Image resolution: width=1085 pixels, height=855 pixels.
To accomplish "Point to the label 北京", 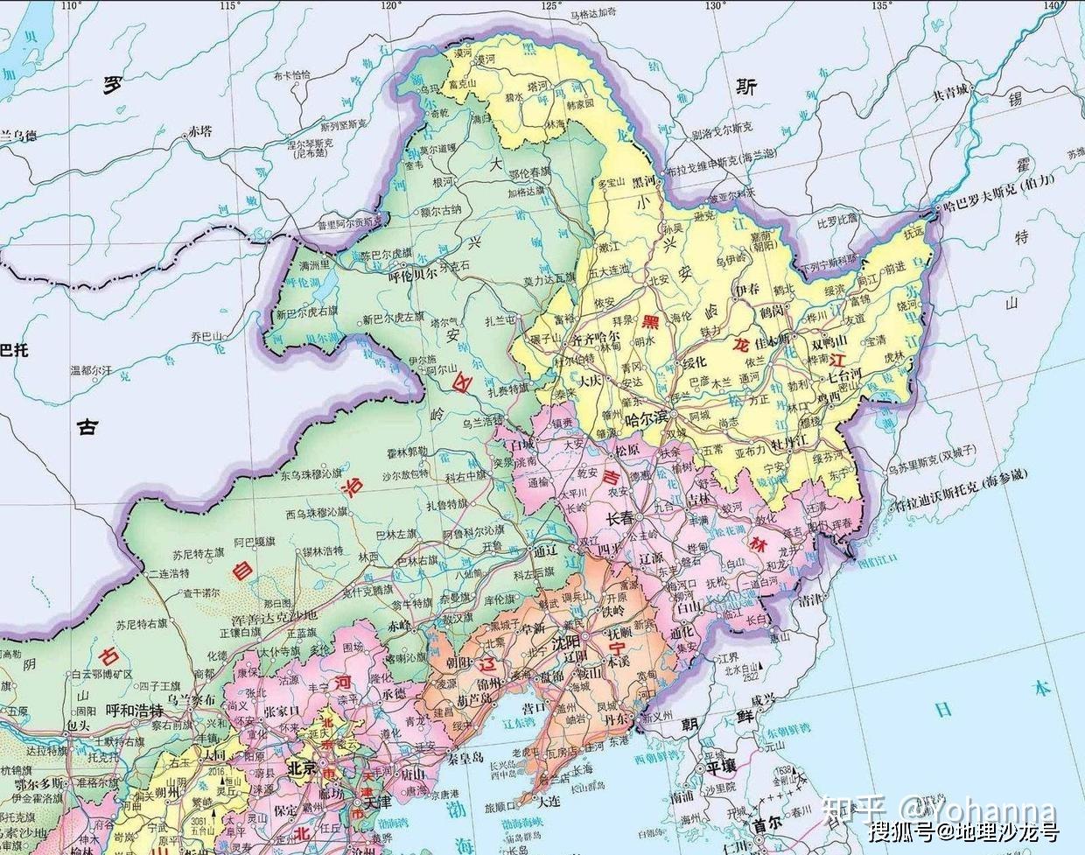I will pyautogui.click(x=302, y=768).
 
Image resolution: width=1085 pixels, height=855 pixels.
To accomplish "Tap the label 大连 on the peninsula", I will pyautogui.click(x=549, y=801).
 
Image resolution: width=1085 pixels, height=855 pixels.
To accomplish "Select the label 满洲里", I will pyautogui.click(x=315, y=265).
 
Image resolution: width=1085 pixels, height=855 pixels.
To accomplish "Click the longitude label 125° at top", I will pyautogui.click(x=550, y=6).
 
